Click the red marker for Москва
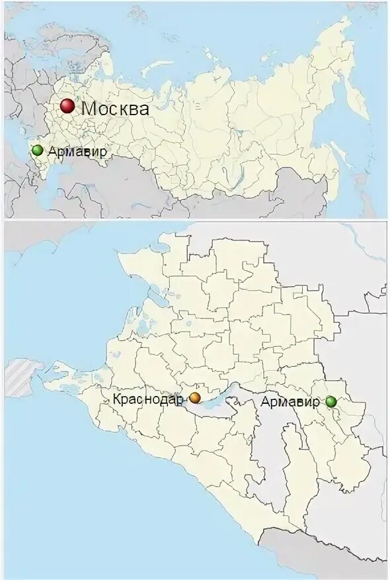(67, 107)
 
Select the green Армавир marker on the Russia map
(38, 150)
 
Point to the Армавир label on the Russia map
(77, 152)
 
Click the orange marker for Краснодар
(195, 398)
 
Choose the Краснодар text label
(147, 399)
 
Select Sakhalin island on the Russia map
(342, 156)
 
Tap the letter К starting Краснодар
(117, 399)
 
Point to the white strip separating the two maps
(195, 220)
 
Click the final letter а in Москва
(143, 110)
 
